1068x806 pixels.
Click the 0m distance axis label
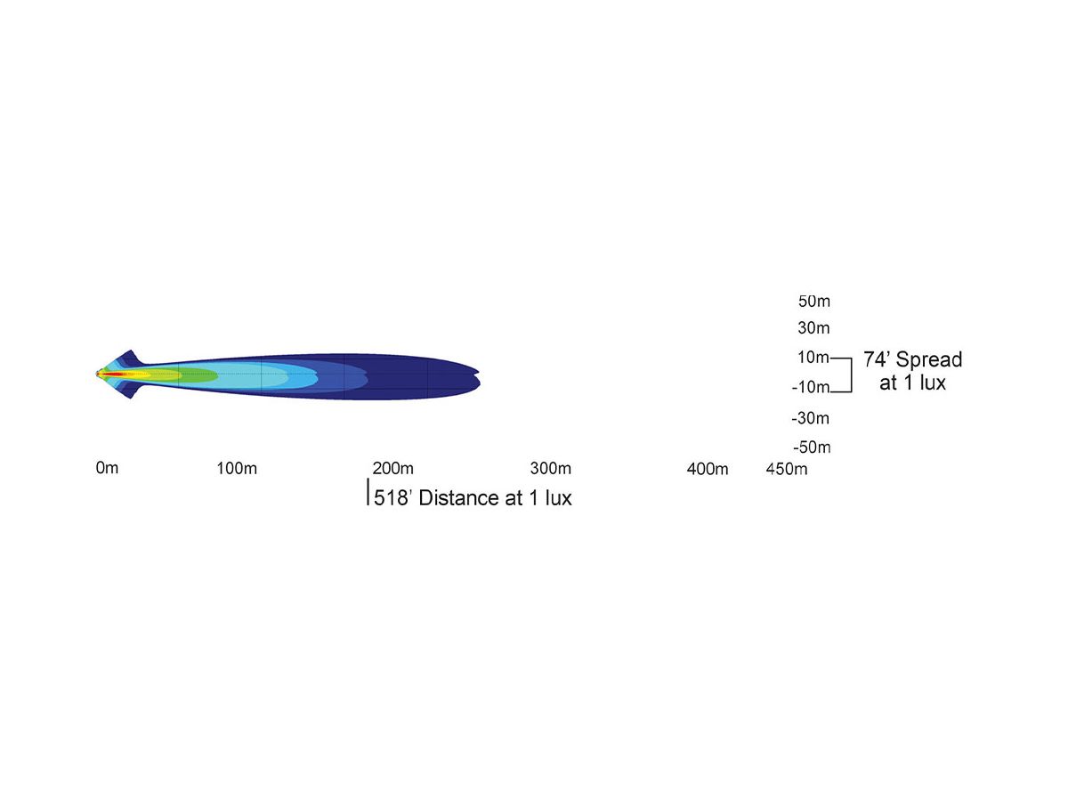tap(107, 468)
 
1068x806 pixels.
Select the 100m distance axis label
tap(237, 468)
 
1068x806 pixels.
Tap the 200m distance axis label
tap(392, 468)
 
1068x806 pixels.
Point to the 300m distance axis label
tap(550, 468)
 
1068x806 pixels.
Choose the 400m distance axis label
tap(707, 469)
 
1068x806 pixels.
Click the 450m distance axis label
tap(786, 469)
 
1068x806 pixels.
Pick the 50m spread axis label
tap(814, 301)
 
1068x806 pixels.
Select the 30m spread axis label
tap(813, 327)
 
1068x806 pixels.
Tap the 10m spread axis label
tap(813, 358)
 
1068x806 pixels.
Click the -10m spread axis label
tap(811, 387)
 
